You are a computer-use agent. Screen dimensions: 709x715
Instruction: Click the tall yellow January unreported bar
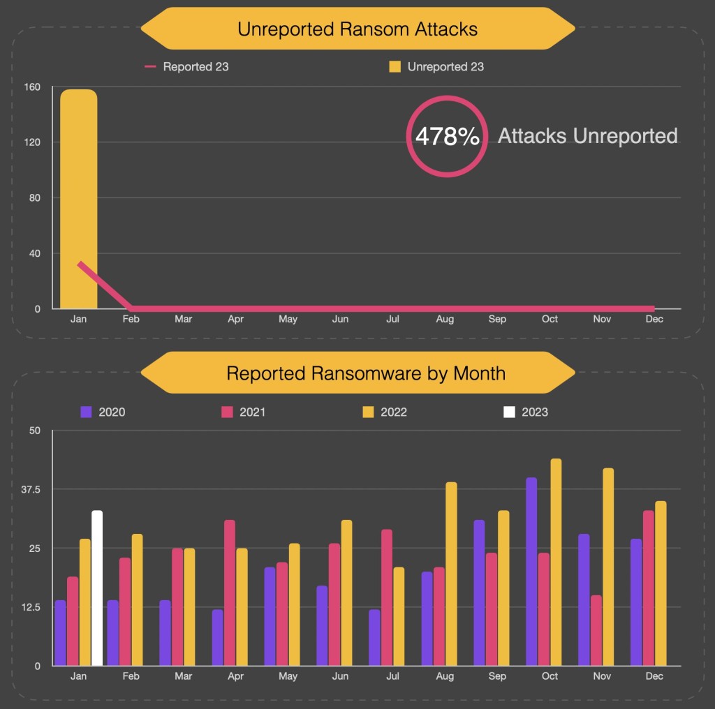tap(78, 199)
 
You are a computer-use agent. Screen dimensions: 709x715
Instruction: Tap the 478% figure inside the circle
tap(447, 136)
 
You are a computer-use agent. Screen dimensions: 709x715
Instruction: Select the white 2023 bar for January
tap(97, 588)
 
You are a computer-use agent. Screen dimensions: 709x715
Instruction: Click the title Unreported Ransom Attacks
tap(357, 29)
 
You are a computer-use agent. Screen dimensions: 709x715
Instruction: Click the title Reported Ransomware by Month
tap(365, 373)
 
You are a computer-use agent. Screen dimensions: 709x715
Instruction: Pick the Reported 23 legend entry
tap(187, 67)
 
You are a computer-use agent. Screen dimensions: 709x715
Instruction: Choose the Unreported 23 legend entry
tap(436, 67)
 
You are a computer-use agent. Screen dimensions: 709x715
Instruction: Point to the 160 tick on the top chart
tap(32, 87)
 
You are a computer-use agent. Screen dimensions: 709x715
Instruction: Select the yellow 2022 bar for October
tap(556, 562)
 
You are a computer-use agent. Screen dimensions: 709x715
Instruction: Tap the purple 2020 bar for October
tap(532, 572)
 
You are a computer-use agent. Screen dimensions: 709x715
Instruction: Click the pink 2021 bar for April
tap(230, 593)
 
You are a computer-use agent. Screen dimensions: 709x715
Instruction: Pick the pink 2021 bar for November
tap(596, 630)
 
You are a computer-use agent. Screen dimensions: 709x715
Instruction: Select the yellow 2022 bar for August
tap(451, 574)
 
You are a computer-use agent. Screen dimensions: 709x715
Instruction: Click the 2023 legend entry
tap(526, 412)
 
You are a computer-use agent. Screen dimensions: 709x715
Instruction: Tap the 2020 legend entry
tap(103, 412)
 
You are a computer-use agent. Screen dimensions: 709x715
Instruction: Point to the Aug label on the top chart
tap(445, 319)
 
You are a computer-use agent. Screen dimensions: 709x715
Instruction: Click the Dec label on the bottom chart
tap(654, 676)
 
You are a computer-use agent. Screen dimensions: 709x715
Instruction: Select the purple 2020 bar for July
tap(375, 638)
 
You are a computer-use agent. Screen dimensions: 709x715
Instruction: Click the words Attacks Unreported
tap(587, 136)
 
